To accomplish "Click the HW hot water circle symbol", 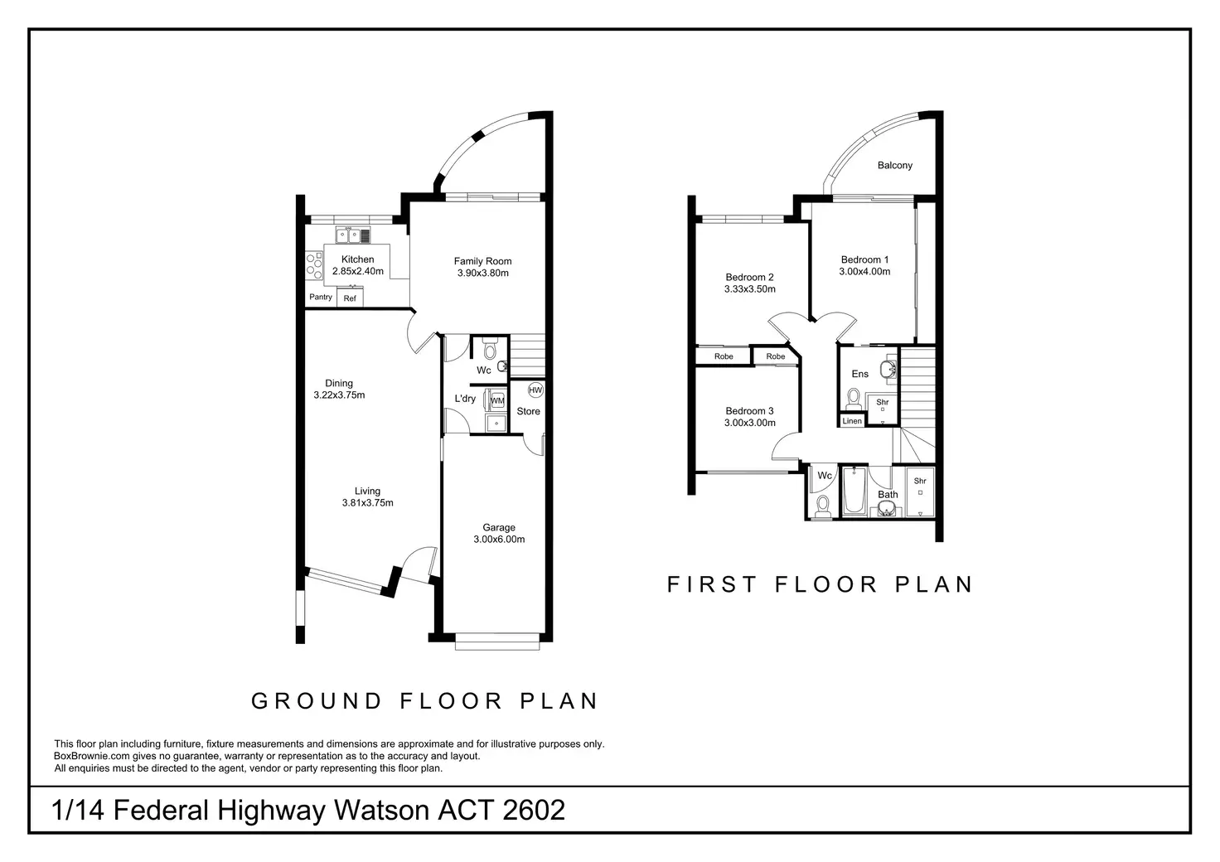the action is (x=535, y=390).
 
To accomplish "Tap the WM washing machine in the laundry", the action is (x=496, y=400).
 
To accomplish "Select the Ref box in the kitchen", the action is (x=350, y=298).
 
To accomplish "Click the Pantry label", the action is (x=320, y=297).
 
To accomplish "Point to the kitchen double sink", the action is (x=353, y=235).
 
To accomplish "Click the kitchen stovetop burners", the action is (x=314, y=264).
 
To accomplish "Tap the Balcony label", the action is (x=895, y=165).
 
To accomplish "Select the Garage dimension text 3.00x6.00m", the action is (x=499, y=539).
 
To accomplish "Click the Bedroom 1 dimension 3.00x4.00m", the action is (x=864, y=271).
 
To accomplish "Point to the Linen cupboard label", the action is (x=852, y=421).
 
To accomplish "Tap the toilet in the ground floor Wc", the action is (x=490, y=348).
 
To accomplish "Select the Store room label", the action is (x=528, y=411).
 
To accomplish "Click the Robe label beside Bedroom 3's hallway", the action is (x=776, y=356).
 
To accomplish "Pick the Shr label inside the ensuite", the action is (x=883, y=402).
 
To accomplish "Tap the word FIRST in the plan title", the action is (x=712, y=584).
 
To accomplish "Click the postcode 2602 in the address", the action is (x=534, y=810).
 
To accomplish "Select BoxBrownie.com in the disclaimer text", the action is (x=91, y=756).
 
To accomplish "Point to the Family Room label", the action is (x=482, y=261).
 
